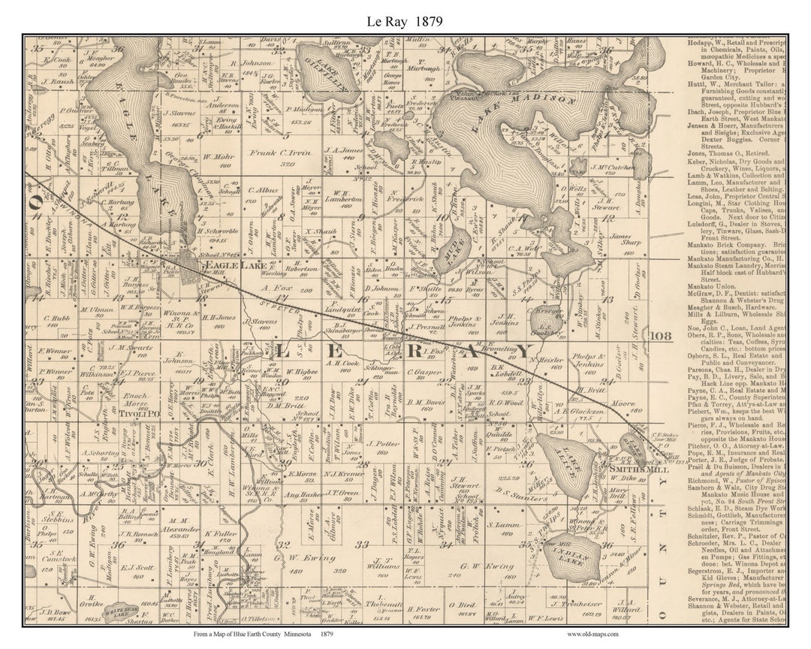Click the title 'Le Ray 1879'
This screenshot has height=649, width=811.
pyautogui.click(x=405, y=21)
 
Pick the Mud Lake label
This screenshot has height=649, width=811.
pyautogui.click(x=455, y=247)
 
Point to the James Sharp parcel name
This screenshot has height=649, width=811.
pyautogui.click(x=620, y=240)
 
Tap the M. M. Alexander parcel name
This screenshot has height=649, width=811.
pyautogui.click(x=178, y=524)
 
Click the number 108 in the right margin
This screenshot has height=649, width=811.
pyautogui.click(x=662, y=336)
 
